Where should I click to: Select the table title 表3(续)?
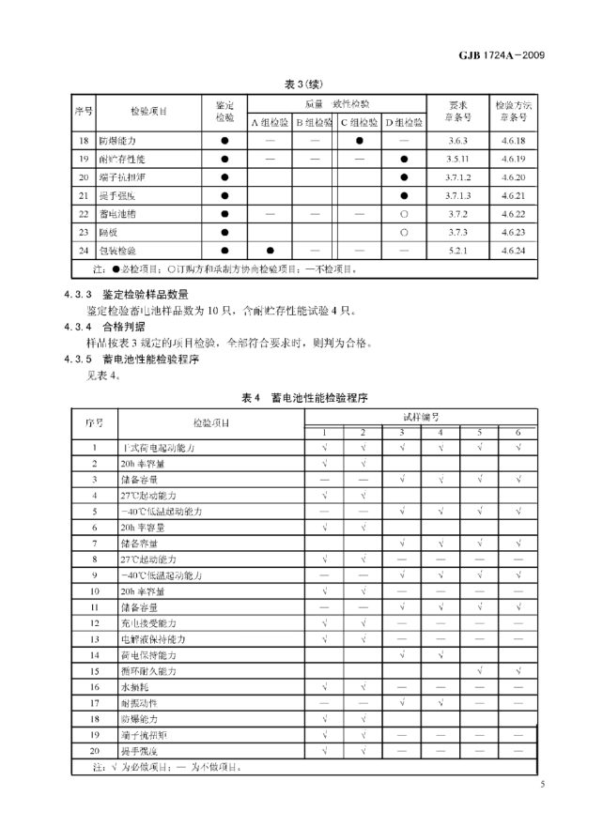pyautogui.click(x=301, y=81)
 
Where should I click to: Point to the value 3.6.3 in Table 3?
pyautogui.click(x=458, y=140)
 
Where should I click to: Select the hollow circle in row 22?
pyautogui.click(x=404, y=214)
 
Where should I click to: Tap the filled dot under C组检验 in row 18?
pyautogui.click(x=360, y=140)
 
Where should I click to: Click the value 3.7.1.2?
pyautogui.click(x=458, y=176)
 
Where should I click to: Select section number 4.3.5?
pyautogui.click(x=76, y=359)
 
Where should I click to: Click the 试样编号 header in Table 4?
pyautogui.click(x=422, y=415)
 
